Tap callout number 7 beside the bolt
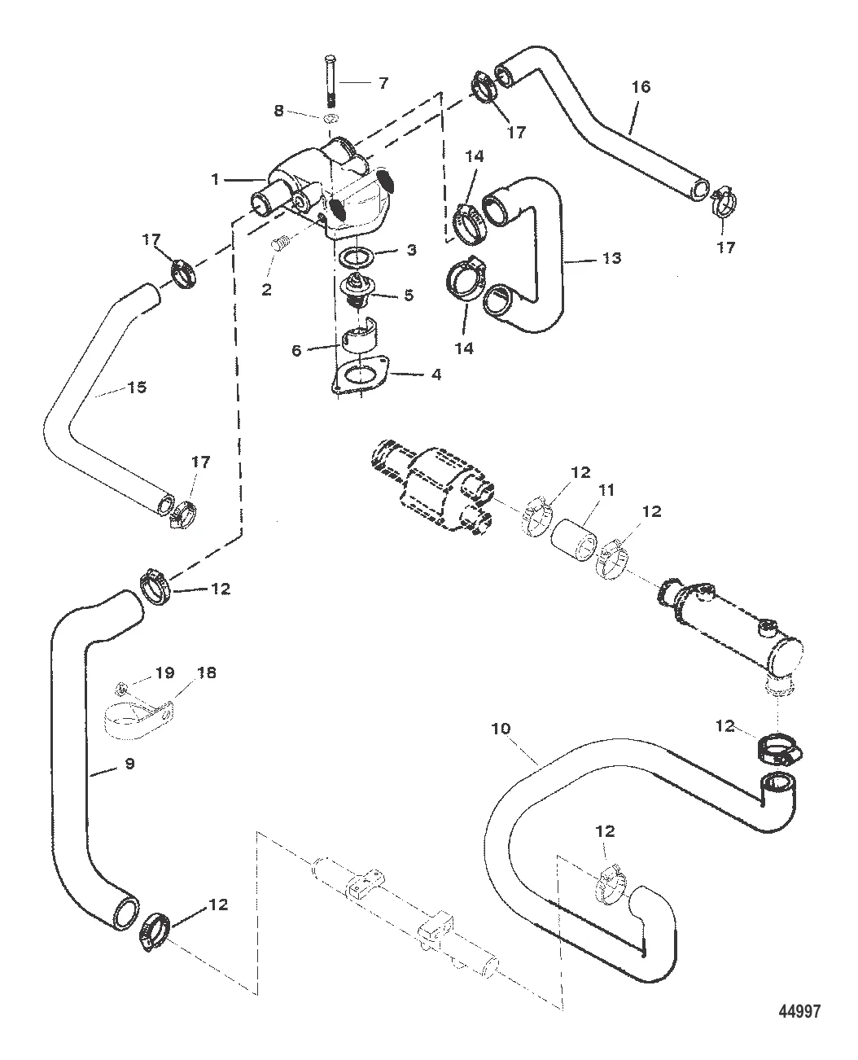point(383,82)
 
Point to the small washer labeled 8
point(331,120)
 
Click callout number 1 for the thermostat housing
point(216,178)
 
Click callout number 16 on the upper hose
point(641,86)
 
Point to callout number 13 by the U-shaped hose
point(612,258)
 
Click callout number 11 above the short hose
point(607,491)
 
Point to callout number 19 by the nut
point(165,672)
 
